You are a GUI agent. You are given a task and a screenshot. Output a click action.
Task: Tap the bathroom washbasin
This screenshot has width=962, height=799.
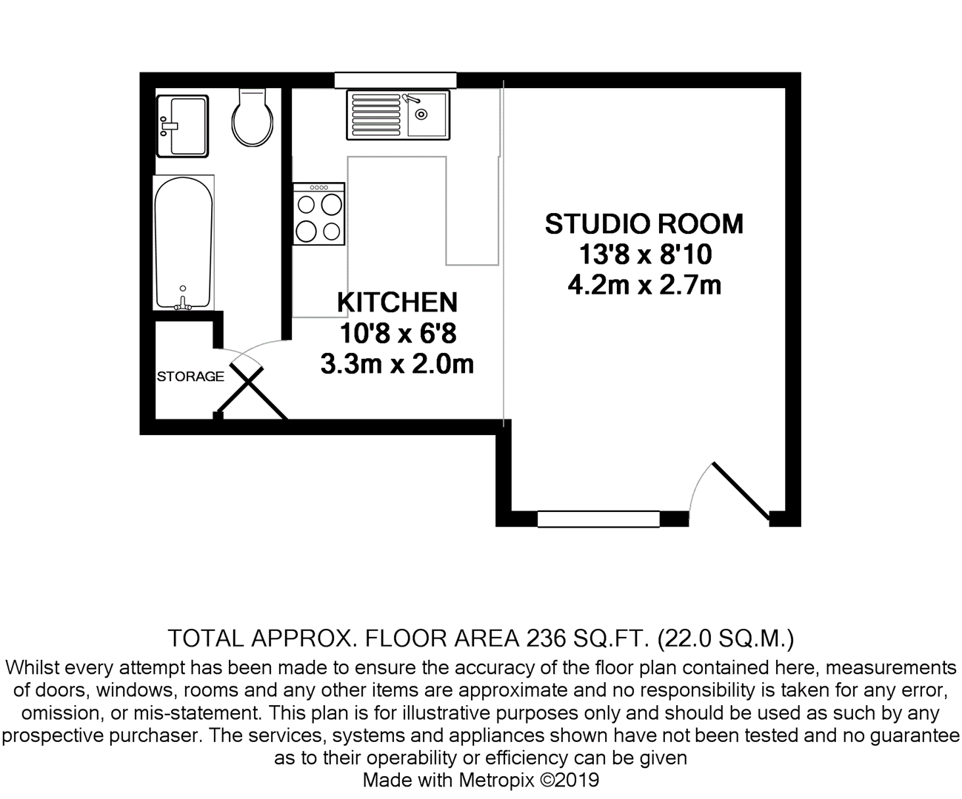point(181,126)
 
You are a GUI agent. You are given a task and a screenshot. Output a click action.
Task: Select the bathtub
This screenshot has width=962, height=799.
point(184,240)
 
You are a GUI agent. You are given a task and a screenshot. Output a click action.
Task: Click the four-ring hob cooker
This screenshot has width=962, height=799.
point(319,215)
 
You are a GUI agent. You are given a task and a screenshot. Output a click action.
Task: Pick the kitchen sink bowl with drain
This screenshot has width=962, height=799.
point(426,115)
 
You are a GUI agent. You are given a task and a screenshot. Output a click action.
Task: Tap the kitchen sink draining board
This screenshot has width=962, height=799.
point(375,115)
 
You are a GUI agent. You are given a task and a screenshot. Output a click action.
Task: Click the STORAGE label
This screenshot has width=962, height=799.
point(190,377)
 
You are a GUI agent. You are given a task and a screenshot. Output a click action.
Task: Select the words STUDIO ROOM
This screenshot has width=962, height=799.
point(644,224)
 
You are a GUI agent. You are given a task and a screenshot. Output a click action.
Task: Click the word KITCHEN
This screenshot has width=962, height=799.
point(397,303)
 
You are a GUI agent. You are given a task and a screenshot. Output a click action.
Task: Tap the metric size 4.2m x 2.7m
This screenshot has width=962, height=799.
point(644,285)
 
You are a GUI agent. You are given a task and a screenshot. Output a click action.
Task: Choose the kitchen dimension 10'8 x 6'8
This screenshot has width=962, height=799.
point(397,334)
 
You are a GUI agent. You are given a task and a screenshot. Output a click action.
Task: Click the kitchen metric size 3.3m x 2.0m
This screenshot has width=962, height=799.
point(397,364)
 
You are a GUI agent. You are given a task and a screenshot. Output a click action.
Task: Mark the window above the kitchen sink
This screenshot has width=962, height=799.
point(395,80)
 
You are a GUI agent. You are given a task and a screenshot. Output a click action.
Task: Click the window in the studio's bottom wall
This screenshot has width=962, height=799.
point(598,519)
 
